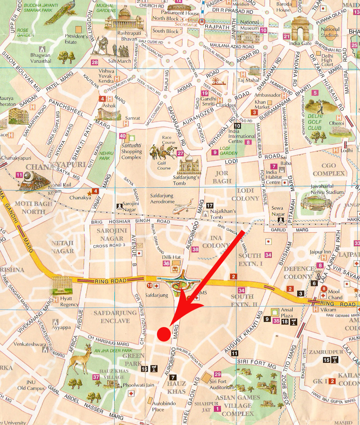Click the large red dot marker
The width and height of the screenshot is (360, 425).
(164, 334)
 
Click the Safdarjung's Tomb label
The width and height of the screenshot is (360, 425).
(186, 180)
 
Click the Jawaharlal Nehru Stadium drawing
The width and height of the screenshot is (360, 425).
(316, 203)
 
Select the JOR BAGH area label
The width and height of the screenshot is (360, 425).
(222, 177)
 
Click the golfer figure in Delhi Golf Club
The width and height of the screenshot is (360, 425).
(320, 106)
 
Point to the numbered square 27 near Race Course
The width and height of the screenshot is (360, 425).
(180, 153)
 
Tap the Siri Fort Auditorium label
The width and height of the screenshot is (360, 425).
(222, 384)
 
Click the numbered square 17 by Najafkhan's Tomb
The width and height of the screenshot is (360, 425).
(210, 205)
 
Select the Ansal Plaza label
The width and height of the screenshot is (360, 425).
(287, 313)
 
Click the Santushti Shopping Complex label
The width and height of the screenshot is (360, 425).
(131, 151)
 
